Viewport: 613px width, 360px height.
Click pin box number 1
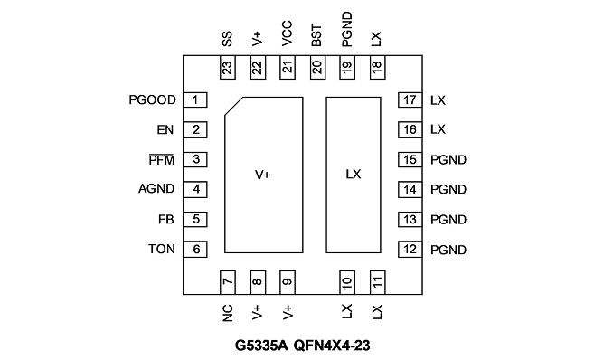tap(195, 99)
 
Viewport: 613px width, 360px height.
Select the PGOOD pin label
tap(152, 100)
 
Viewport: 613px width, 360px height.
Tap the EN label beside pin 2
tap(165, 130)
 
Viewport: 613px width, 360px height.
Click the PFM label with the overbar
tap(162, 160)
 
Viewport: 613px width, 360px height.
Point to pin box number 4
tap(195, 189)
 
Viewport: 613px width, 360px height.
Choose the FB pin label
tap(165, 220)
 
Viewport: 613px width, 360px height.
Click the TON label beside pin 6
tap(162, 249)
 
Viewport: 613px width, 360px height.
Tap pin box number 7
tap(228, 282)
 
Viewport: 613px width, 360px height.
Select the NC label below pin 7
tap(227, 313)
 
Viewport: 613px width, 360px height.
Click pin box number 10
tap(347, 282)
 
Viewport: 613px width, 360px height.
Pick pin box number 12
tap(410, 250)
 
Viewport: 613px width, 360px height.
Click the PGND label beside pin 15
tap(448, 160)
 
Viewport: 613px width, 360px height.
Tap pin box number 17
tap(410, 99)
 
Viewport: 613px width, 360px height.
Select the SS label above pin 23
tap(227, 39)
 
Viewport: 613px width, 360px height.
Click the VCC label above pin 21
tap(287, 34)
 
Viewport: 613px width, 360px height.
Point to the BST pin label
tap(316, 35)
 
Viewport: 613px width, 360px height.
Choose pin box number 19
tap(347, 67)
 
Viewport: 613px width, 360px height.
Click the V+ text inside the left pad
tap(263, 175)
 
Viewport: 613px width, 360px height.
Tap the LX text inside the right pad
tap(354, 175)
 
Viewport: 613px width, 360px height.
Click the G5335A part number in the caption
tap(261, 346)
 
